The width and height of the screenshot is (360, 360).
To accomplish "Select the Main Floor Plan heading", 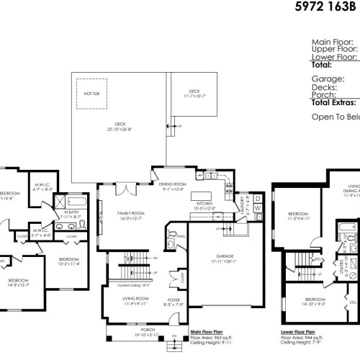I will click(x=208, y=332).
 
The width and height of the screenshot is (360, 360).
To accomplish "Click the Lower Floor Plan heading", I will click(x=299, y=332).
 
